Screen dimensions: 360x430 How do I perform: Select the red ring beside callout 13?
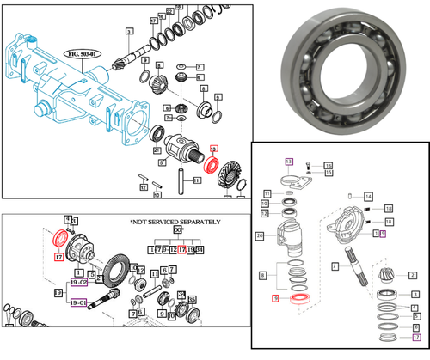tap(211, 163)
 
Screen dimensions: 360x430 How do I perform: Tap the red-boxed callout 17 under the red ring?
tap(59, 257)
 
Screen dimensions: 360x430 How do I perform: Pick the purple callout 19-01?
tap(77, 302)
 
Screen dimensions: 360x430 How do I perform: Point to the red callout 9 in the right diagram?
tap(275, 299)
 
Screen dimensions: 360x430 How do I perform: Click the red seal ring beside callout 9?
tap(300, 297)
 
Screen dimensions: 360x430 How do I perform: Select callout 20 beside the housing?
tap(259, 235)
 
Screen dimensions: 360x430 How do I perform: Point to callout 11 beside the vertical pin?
tap(196, 180)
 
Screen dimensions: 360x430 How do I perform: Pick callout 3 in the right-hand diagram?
tap(414, 295)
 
